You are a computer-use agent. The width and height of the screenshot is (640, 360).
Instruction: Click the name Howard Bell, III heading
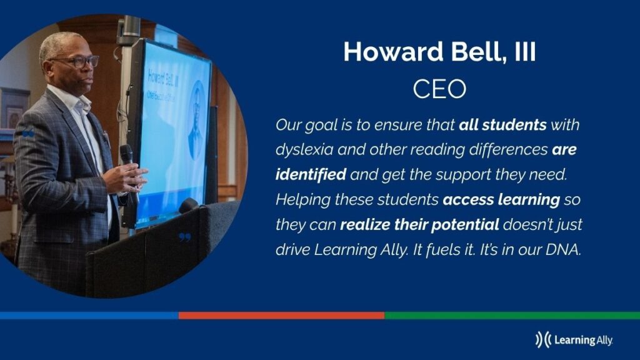coord(439,52)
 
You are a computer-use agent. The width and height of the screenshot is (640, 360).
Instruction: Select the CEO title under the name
coord(439,89)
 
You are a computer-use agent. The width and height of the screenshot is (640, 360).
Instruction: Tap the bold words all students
coord(502,124)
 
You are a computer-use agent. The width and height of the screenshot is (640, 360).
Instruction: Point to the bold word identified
coord(311,174)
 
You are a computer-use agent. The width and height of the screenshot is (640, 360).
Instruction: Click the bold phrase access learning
coord(501,199)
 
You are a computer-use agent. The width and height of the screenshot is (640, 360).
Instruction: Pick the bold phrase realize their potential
coord(419,224)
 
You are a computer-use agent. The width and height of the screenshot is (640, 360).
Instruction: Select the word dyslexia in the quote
coord(304,150)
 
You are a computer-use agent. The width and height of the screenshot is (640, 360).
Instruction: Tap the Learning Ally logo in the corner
coord(574,339)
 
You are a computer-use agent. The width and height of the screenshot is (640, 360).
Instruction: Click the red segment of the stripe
coord(282,316)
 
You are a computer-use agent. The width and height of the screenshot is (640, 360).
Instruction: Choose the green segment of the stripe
coord(512,316)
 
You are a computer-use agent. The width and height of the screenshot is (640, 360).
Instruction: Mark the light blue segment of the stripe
coord(89,316)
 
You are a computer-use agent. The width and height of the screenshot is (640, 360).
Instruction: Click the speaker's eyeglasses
coord(77,62)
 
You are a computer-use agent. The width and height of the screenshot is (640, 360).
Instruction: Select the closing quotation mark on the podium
coord(185,237)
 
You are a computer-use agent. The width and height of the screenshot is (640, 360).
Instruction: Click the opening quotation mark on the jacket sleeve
coord(28,133)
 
